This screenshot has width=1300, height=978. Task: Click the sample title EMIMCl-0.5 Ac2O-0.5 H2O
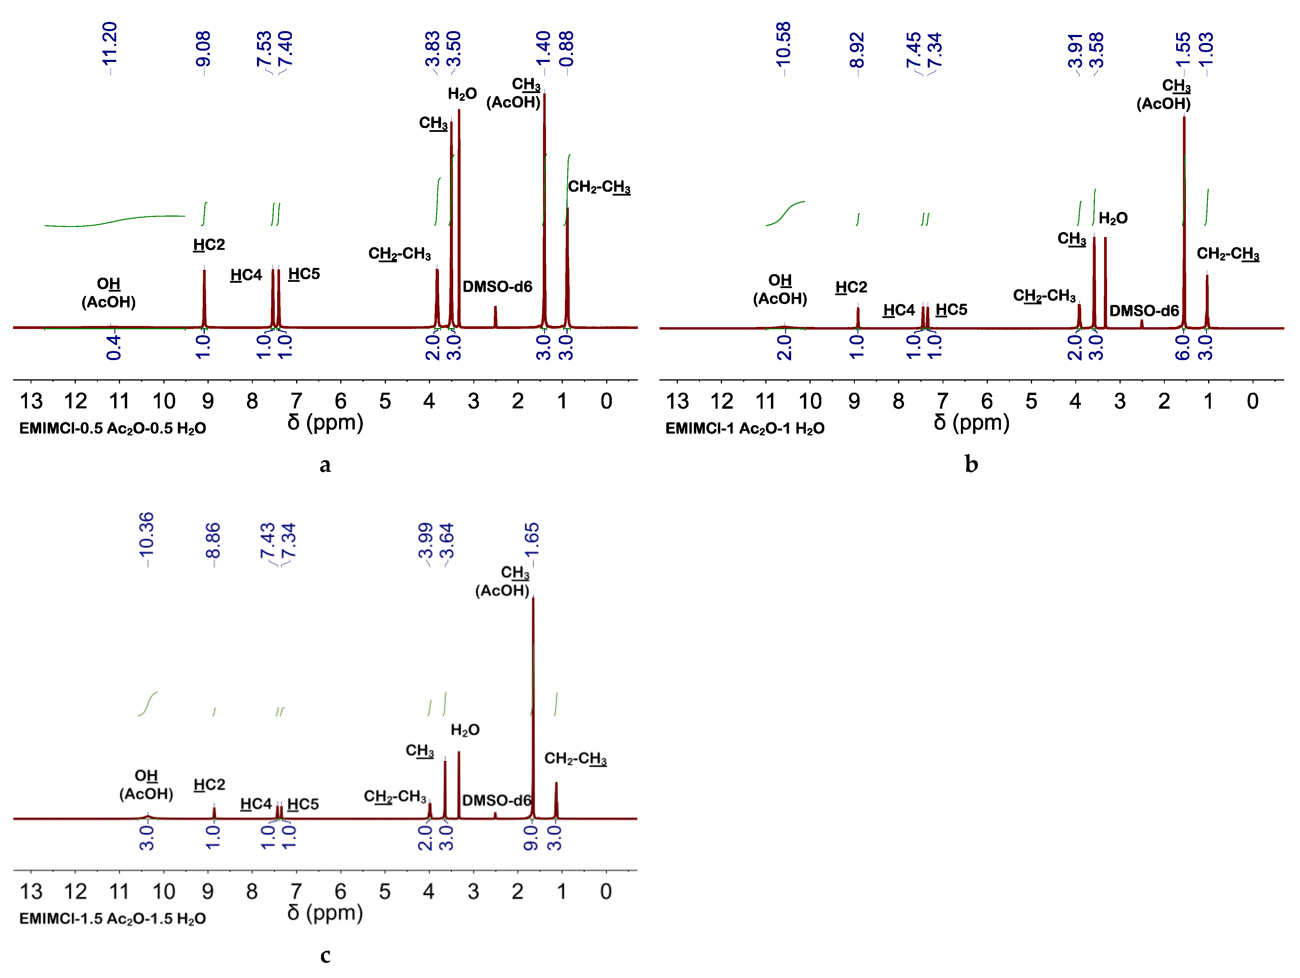tap(113, 429)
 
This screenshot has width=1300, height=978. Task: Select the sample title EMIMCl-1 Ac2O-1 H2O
tap(745, 429)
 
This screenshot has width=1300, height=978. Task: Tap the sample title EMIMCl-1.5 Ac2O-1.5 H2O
tap(113, 919)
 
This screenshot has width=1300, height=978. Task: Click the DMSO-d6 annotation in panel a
tap(497, 287)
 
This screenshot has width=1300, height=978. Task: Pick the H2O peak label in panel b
tap(1113, 219)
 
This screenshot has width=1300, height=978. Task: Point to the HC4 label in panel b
tap(899, 310)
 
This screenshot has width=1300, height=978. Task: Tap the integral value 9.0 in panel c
tap(531, 838)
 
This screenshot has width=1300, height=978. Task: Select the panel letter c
tap(325, 955)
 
